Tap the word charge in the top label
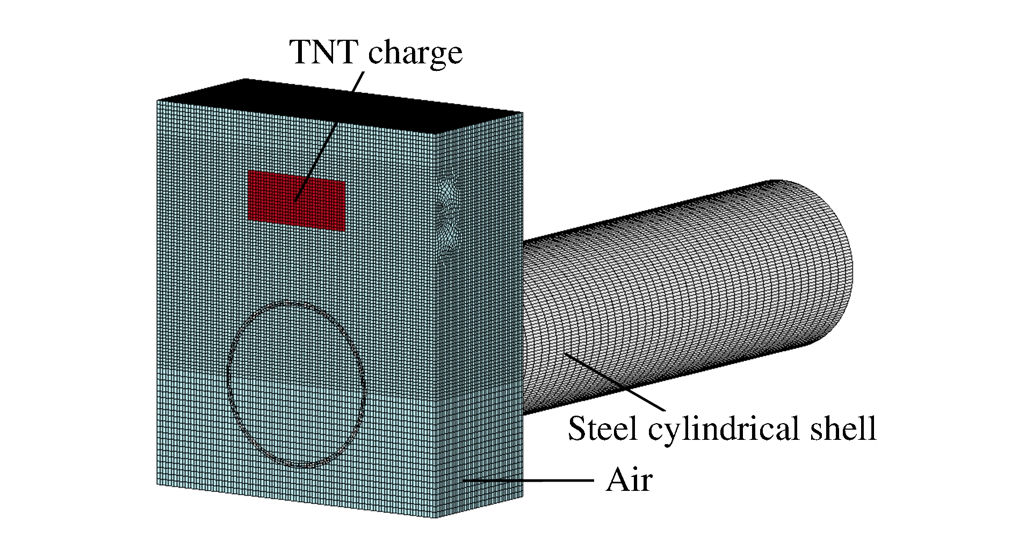pos(415,53)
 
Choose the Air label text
pos(629,480)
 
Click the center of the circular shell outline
pos(296,385)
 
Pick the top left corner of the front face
pos(157,100)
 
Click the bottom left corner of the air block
pos(157,485)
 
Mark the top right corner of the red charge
pos(345,180)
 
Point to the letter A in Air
pos(616,480)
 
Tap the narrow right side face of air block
pos(481,322)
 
